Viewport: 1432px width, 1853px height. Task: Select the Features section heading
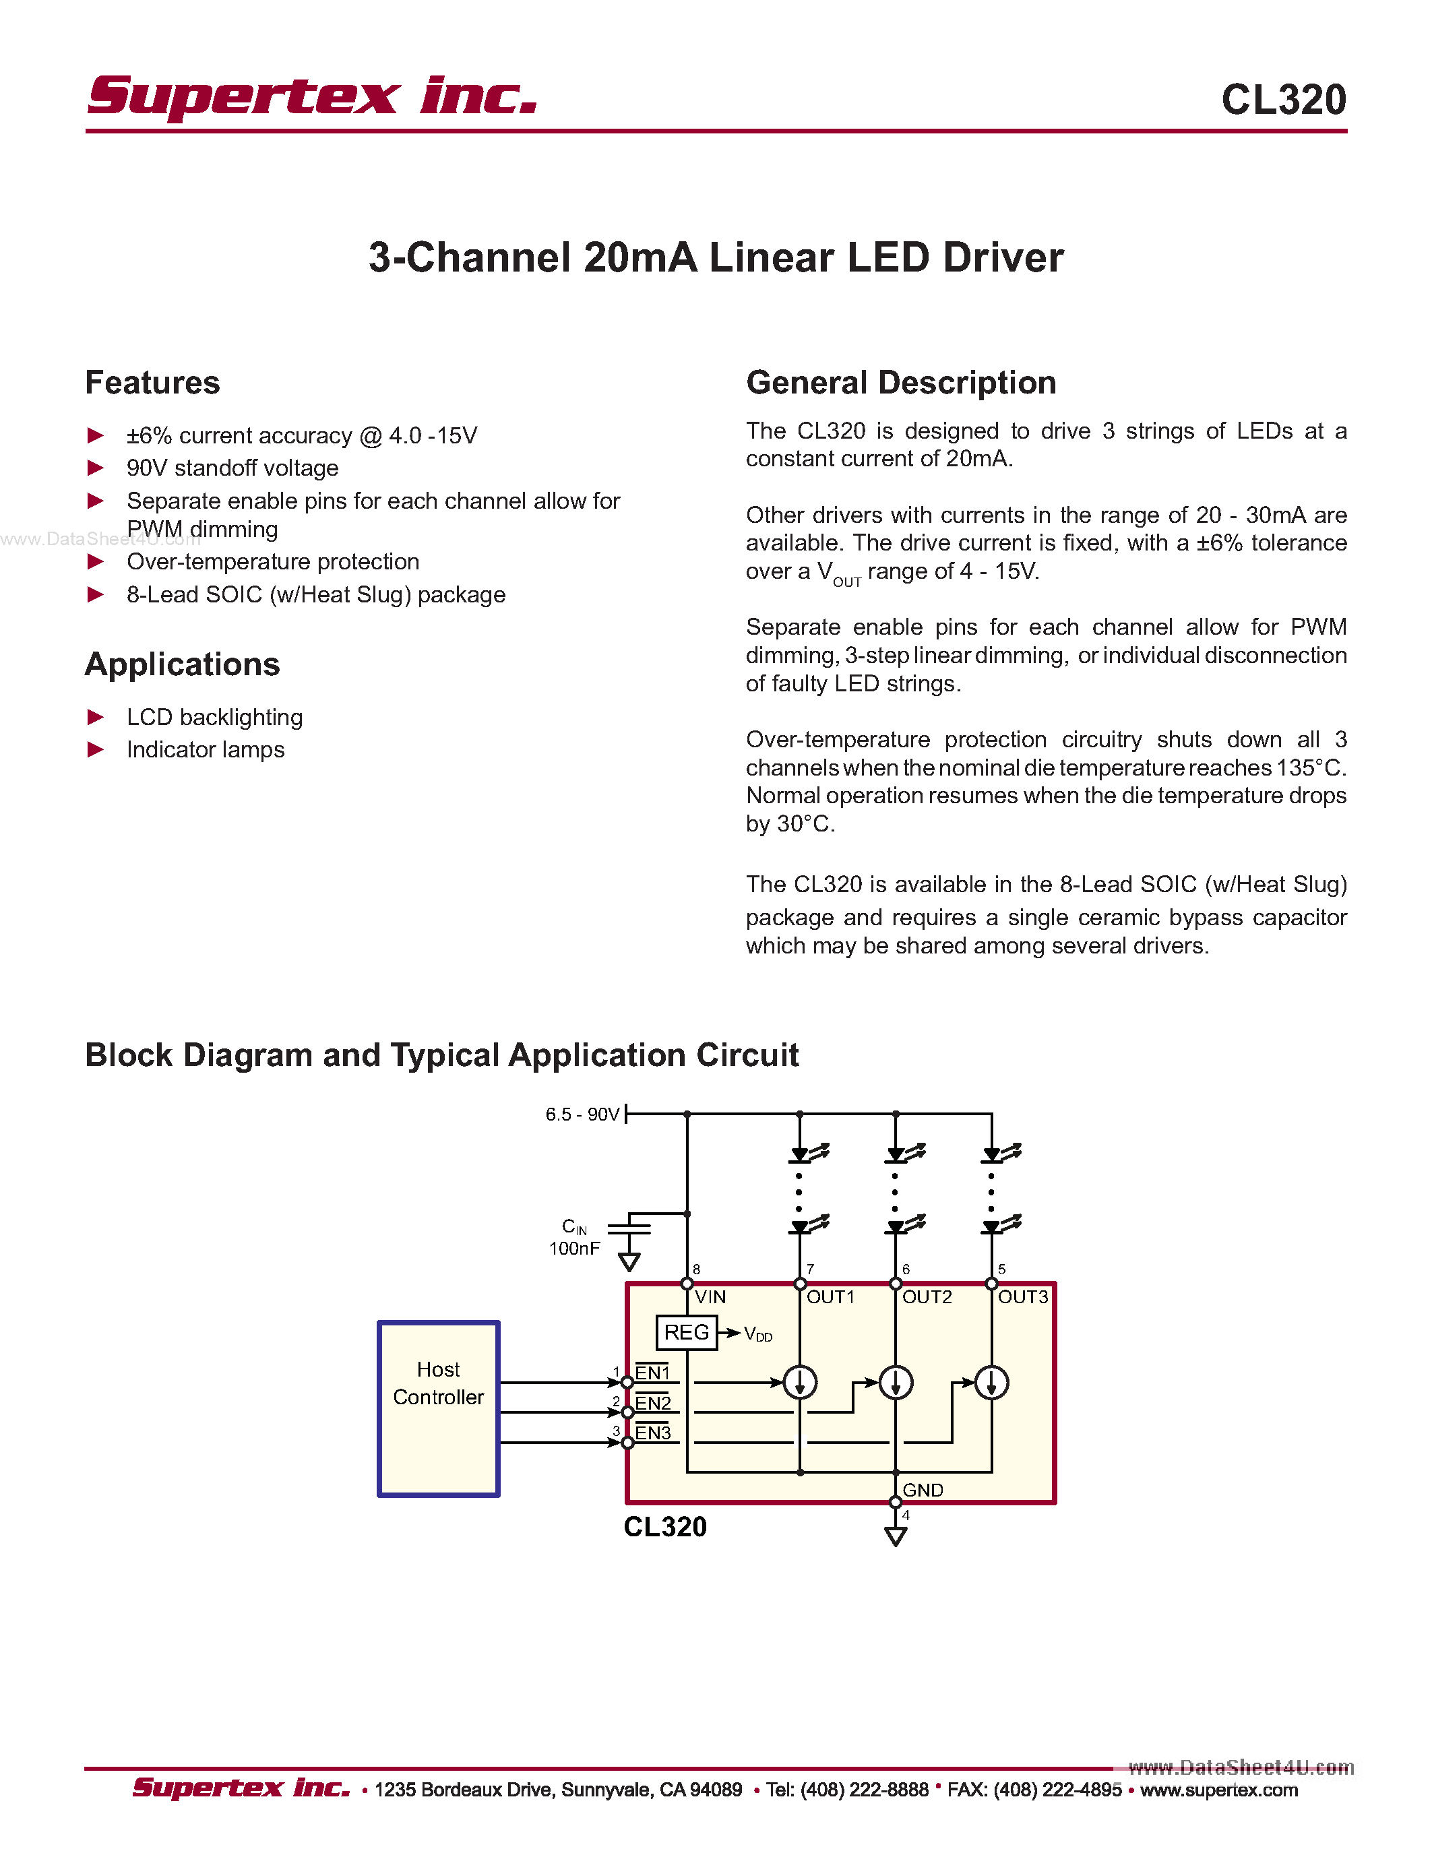(153, 383)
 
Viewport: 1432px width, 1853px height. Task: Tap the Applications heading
(183, 664)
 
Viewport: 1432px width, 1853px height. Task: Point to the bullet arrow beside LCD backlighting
(96, 718)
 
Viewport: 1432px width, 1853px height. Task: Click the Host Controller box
(438, 1408)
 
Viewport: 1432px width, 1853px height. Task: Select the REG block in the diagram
(686, 1332)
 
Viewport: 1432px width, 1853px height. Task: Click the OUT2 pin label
(927, 1297)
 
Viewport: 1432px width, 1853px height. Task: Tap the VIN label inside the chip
(710, 1297)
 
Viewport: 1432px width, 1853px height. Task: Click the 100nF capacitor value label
(574, 1249)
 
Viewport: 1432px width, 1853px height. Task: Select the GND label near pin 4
(922, 1490)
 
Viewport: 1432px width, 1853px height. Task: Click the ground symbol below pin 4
(895, 1536)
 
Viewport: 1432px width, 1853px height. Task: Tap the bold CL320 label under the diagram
(665, 1527)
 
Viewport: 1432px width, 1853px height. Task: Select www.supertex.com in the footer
(1218, 1790)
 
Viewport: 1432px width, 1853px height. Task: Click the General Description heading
(901, 383)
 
